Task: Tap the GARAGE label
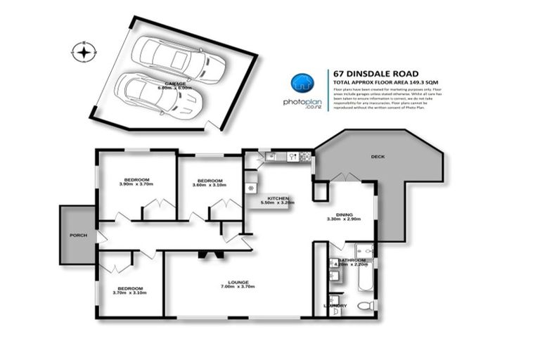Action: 175,84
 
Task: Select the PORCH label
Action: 78,235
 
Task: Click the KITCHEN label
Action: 277,199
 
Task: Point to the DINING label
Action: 344,215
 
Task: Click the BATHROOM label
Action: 351,260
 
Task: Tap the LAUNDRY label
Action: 335,305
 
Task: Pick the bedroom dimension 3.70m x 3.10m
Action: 131,292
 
